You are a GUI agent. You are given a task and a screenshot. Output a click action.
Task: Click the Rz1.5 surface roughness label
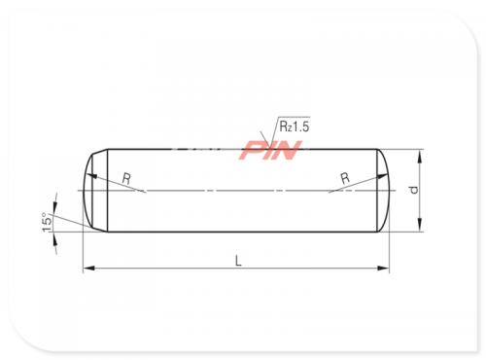coord(295,126)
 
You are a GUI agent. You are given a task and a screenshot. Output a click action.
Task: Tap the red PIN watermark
coord(271,150)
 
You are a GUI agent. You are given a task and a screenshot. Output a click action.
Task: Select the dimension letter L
coord(238,261)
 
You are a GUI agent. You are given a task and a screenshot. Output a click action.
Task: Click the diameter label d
coord(414,190)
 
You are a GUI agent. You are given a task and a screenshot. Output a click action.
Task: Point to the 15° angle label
coord(47,222)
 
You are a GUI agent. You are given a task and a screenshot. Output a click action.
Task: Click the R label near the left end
coord(126,178)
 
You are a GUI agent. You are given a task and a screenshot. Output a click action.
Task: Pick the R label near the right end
coord(345,178)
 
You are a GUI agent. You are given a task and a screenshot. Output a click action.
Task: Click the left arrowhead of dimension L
coord(88,269)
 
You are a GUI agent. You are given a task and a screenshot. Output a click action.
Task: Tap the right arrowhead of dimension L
coord(384,269)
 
